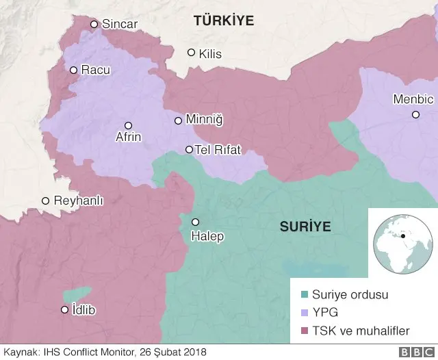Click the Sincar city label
pos(120,24)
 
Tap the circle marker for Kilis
pos(192,53)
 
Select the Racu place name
pos(95,70)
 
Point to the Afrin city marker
pos(128,125)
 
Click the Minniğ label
pos(205,120)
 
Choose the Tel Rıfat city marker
pos(190,150)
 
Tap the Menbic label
pos(413,99)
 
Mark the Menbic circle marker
pos(415,114)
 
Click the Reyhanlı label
pos(79,201)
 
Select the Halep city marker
pos(195,222)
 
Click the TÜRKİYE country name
pos(224,21)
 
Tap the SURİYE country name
pos(305,227)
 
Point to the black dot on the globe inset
pos(404,236)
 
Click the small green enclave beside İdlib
pos(77,294)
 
